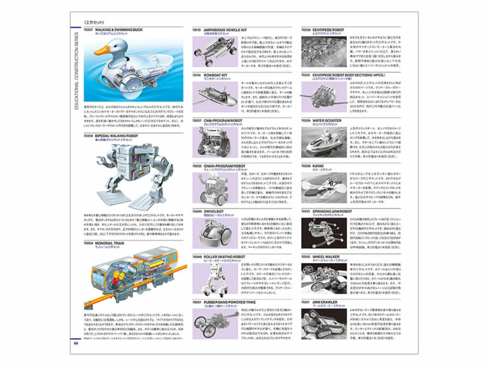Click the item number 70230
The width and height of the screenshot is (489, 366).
306,29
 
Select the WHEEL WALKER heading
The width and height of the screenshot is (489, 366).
330,256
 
